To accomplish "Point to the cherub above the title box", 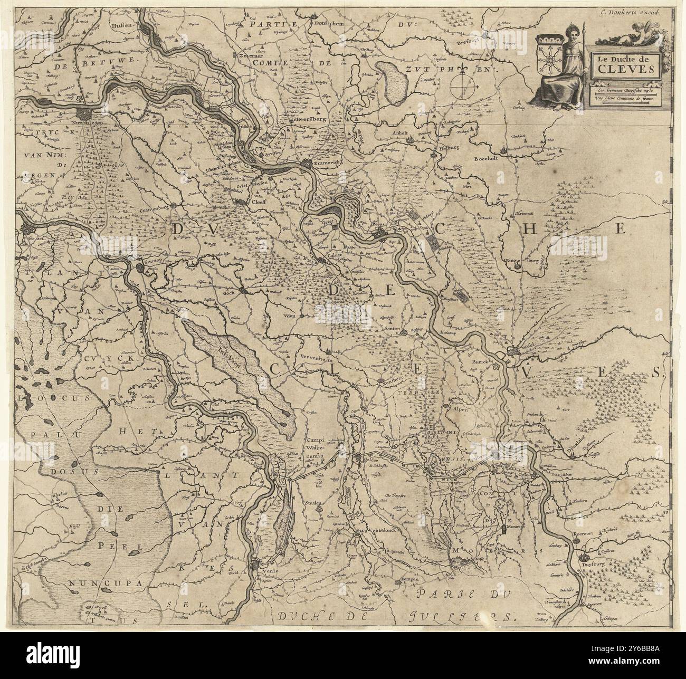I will coord(643,34).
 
